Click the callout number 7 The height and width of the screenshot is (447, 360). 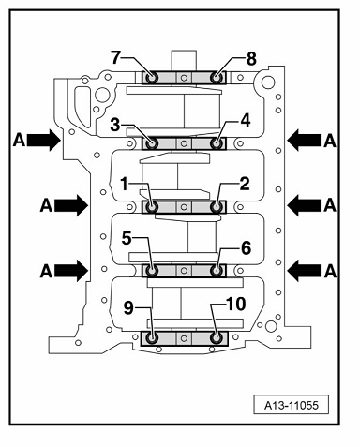[x=115, y=57]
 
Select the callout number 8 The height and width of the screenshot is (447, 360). [x=251, y=59]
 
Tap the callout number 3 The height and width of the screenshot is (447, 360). [x=115, y=126]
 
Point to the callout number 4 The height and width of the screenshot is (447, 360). [x=246, y=121]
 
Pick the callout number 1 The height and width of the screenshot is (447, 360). [x=125, y=184]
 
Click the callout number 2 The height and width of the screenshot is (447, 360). [x=245, y=184]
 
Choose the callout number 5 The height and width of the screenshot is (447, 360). [x=127, y=239]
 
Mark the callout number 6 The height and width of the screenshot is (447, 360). [x=247, y=248]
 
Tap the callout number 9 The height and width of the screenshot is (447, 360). [x=128, y=308]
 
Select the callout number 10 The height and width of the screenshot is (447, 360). [x=235, y=304]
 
